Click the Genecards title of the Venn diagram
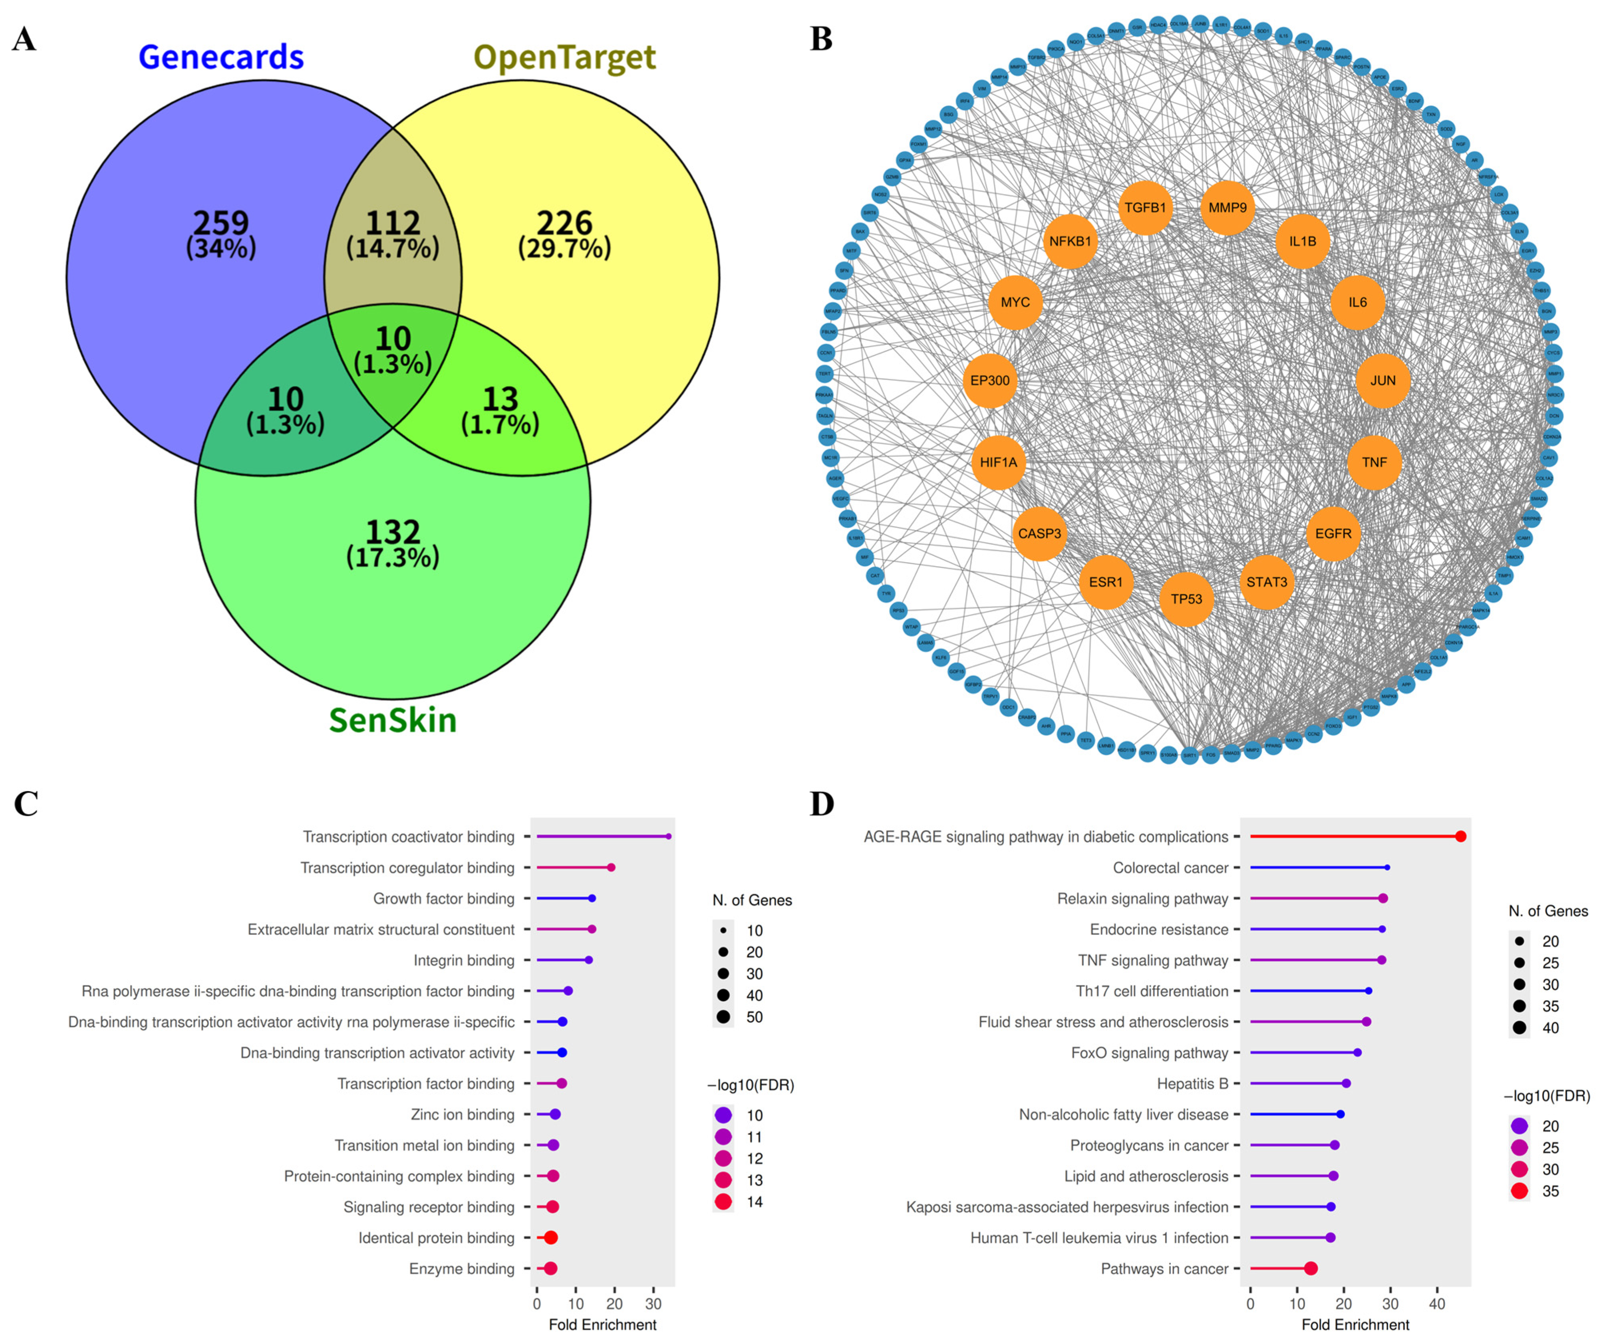coord(221,57)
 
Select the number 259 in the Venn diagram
coord(221,222)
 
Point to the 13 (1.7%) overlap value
coord(500,411)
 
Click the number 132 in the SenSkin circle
coord(393,532)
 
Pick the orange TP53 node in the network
coord(1186,599)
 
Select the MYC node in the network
coord(1015,302)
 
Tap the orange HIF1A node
coord(998,462)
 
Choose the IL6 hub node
coord(1358,302)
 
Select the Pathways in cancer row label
coord(1164,1268)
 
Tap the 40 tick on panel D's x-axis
coord(1437,1303)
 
